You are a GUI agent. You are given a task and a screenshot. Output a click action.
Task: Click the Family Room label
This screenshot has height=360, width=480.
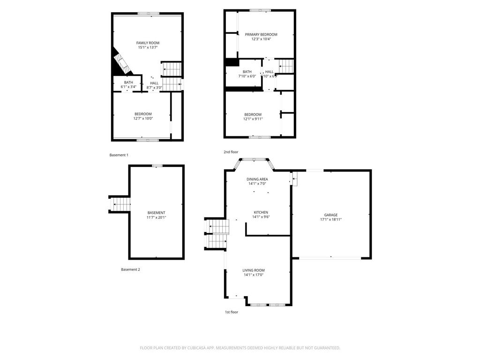(x=148, y=43)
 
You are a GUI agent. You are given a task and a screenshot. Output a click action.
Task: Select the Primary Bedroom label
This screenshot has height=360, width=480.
(x=261, y=35)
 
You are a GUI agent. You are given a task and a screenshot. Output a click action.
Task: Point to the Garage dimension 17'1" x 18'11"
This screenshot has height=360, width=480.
(x=330, y=219)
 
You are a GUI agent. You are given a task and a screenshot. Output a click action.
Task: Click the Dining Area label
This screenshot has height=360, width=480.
(x=257, y=179)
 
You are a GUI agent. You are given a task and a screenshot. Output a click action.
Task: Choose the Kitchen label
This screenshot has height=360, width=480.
(x=261, y=212)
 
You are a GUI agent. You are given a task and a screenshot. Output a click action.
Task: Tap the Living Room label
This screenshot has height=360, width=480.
(x=254, y=270)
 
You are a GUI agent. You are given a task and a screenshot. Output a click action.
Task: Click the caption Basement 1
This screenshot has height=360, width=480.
(x=119, y=155)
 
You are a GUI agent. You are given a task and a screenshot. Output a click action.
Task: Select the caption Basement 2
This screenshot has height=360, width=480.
(x=130, y=270)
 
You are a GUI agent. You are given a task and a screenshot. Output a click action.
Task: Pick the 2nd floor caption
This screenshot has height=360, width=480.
(x=231, y=152)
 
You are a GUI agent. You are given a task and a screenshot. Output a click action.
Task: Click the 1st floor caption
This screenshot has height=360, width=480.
(x=231, y=312)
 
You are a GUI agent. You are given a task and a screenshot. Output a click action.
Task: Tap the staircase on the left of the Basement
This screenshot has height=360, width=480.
(x=120, y=205)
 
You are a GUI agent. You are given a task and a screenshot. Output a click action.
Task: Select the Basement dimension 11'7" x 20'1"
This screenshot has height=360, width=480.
(x=156, y=217)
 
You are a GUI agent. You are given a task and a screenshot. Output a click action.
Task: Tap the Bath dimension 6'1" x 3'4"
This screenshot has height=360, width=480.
(x=128, y=87)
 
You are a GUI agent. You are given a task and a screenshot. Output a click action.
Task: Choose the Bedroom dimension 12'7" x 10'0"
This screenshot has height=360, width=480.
(x=143, y=119)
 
